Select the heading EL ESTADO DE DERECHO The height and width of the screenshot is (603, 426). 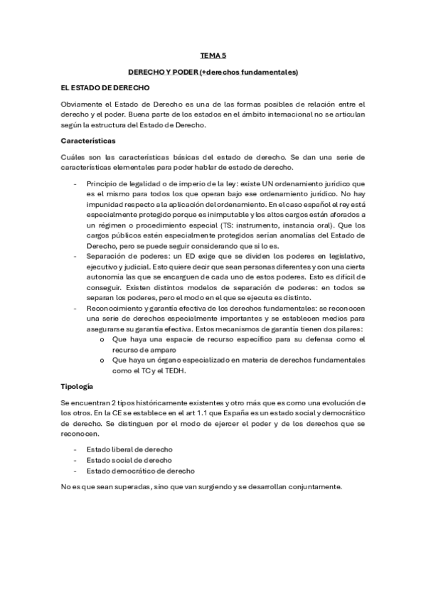coord(105,88)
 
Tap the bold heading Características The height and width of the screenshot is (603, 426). coord(89,141)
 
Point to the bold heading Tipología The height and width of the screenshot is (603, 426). coord(78,387)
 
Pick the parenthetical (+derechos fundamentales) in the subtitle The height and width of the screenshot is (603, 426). coord(253,72)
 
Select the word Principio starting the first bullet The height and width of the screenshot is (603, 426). coord(102,184)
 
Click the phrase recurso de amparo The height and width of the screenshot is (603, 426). coord(146,350)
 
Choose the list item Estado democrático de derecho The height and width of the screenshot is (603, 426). coord(140,471)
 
